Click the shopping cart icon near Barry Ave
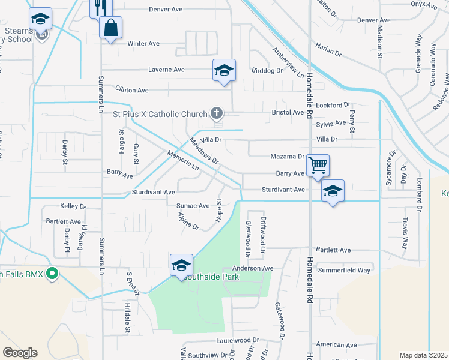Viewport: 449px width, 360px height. click(x=317, y=165)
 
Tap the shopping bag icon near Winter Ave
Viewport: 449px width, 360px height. click(x=111, y=27)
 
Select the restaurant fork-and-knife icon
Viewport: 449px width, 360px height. click(x=100, y=7)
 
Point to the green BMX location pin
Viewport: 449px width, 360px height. click(x=52, y=275)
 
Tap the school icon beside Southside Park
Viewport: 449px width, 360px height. click(x=181, y=265)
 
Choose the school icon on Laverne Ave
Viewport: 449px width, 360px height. click(x=224, y=70)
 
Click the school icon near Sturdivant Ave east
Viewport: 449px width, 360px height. click(x=333, y=191)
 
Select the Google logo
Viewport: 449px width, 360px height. click(x=20, y=353)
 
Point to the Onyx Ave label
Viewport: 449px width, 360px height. click(x=424, y=5)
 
